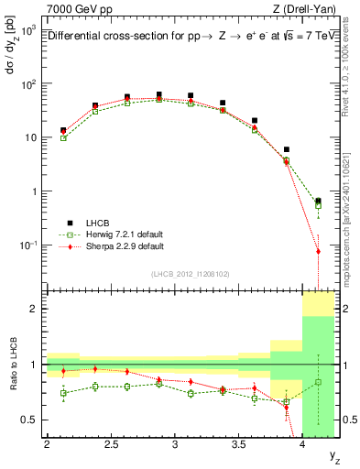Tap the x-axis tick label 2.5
[x=110, y=445]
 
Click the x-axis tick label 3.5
[x=238, y=445]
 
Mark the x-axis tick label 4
[x=303, y=445]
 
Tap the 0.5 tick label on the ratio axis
[x=31, y=420]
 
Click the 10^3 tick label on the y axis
[x=28, y=30]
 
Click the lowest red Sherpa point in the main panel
[x=318, y=251]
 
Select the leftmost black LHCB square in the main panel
[x=63, y=131]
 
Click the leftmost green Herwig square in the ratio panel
[x=63, y=393]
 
